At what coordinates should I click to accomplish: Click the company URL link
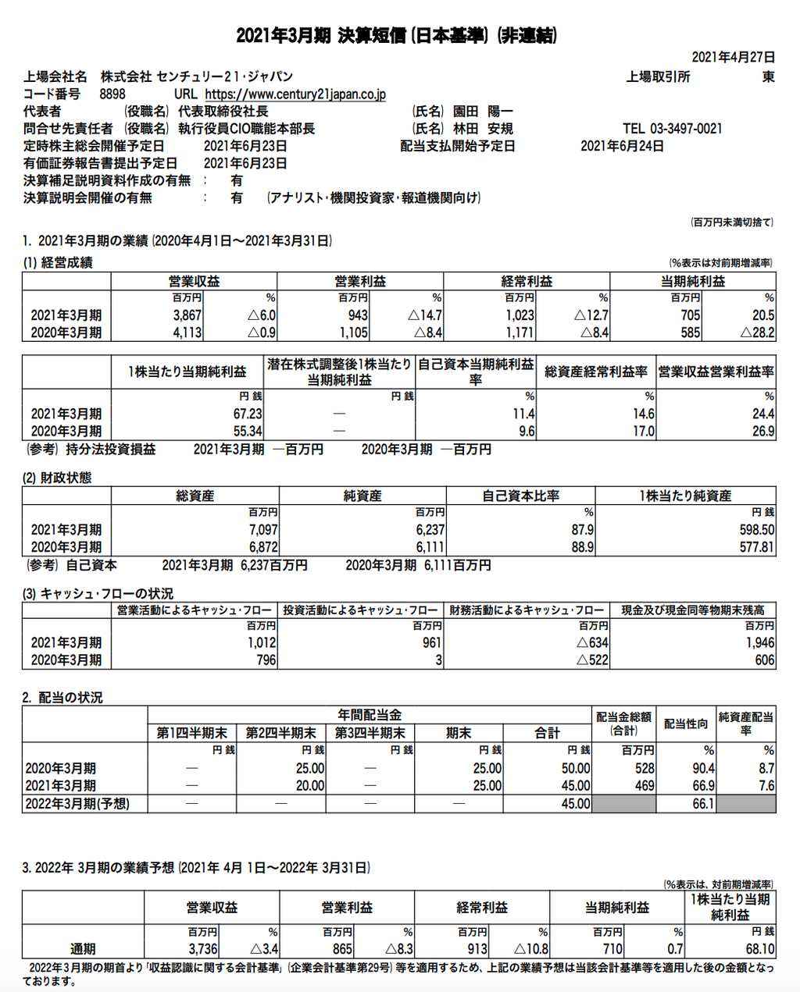coord(295,94)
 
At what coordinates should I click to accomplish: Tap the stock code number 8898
coord(112,94)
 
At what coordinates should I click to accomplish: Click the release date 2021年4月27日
coord(734,57)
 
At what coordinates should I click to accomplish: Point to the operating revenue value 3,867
coord(187,315)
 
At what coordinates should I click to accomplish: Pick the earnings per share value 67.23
coord(248,414)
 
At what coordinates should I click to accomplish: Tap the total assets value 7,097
coord(263,529)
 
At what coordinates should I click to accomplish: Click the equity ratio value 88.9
coord(582,547)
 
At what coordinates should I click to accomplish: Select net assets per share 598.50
coord(756,529)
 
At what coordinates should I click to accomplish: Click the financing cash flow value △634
coord(592,642)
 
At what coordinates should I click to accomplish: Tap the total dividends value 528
coord(645,768)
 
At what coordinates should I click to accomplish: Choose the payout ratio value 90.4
coord(703,768)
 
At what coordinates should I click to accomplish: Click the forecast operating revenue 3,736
coord(203,949)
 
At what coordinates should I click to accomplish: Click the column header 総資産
coord(195,496)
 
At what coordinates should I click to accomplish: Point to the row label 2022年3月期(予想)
coord(77,804)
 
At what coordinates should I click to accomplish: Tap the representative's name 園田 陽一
coord(484,112)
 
